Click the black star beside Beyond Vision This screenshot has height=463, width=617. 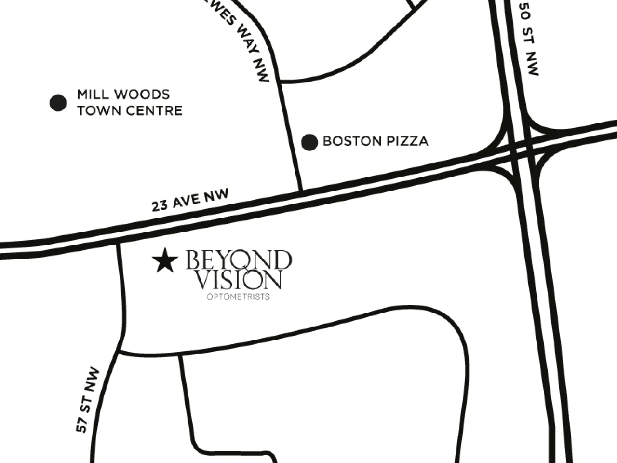coord(164,261)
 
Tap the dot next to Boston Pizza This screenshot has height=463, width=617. coord(309,142)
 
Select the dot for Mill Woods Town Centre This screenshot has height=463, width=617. coord(58,102)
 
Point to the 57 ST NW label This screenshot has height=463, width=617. coord(88,400)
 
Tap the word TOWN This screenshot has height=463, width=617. coord(99,111)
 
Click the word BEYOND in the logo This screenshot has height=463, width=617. coord(239,260)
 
